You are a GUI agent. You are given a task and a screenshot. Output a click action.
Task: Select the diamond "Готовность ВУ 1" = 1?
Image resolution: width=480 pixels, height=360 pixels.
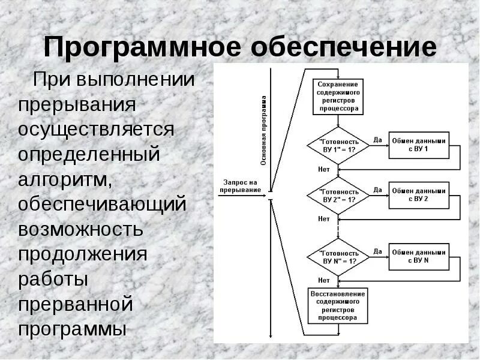[338, 145]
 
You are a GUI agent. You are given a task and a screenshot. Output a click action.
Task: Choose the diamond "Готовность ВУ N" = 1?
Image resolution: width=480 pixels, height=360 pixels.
[338, 257]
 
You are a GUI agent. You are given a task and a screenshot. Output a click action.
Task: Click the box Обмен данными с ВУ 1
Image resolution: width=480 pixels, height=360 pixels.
[419, 145]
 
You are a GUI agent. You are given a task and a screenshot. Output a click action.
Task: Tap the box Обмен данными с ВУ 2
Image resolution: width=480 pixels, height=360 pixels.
[419, 194]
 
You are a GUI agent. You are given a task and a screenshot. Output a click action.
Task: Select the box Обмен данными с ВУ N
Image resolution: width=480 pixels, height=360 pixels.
[419, 257]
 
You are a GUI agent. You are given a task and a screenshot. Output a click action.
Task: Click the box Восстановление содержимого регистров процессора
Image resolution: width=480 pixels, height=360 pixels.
[338, 305]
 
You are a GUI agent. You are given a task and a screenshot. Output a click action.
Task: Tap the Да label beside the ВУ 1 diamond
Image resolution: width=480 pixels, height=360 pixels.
[377, 140]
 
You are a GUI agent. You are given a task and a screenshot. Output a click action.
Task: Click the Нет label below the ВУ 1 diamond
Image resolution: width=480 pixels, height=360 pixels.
[324, 169]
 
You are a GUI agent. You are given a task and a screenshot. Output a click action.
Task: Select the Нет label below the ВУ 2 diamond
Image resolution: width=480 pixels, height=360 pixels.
[324, 219]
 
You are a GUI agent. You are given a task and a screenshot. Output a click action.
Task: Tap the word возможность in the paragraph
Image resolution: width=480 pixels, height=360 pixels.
[80, 229]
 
